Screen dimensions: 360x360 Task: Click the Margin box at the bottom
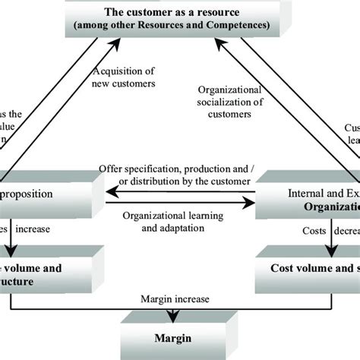coord(179,339)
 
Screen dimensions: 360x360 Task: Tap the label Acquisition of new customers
coord(125,76)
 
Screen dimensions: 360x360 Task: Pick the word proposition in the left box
coord(27,194)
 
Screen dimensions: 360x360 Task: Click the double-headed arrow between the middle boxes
coord(175,202)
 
